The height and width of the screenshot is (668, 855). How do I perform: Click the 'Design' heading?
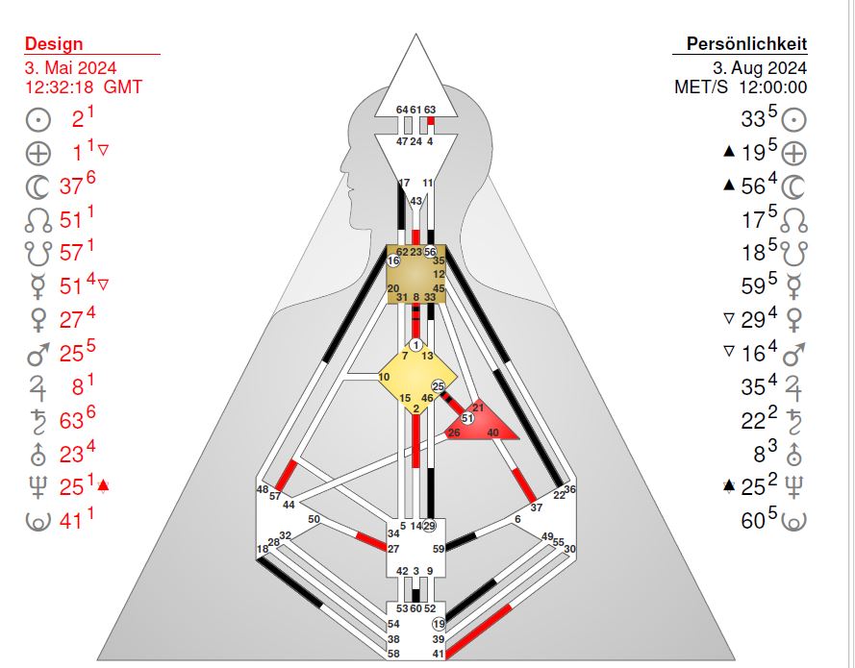pyautogui.click(x=54, y=43)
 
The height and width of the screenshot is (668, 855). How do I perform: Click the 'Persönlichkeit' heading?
pyautogui.click(x=746, y=43)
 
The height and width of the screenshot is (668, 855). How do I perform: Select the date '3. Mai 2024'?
pyautogui.click(x=70, y=67)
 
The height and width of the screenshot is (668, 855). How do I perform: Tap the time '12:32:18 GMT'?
pyautogui.click(x=84, y=87)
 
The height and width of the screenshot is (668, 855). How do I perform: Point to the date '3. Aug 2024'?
pyautogui.click(x=760, y=67)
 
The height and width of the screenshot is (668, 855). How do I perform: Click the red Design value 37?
pyautogui.click(x=71, y=186)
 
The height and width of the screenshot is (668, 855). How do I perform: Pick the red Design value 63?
pyautogui.click(x=71, y=421)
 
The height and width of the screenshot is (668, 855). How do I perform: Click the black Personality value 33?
pyautogui.click(x=752, y=119)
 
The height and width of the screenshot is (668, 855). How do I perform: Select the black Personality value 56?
pyautogui.click(x=752, y=186)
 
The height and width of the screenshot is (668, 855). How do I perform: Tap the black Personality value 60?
pyautogui.click(x=752, y=521)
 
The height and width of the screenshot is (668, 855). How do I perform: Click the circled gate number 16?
pyautogui.click(x=393, y=260)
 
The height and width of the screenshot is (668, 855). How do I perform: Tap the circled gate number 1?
pyautogui.click(x=416, y=345)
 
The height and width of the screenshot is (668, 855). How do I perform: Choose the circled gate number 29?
pyautogui.click(x=430, y=526)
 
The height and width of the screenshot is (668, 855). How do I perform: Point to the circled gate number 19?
pyautogui.click(x=439, y=624)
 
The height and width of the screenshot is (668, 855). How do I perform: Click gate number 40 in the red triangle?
pyautogui.click(x=492, y=433)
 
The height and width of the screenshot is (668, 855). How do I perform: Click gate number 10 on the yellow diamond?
pyautogui.click(x=384, y=377)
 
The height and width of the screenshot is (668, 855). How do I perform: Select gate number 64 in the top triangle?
pyautogui.click(x=402, y=110)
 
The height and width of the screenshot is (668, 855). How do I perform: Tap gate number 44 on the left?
pyautogui.click(x=289, y=506)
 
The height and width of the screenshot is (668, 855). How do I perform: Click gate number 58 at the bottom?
pyautogui.click(x=393, y=654)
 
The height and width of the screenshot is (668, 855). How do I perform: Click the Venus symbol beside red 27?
pyautogui.click(x=38, y=319)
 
